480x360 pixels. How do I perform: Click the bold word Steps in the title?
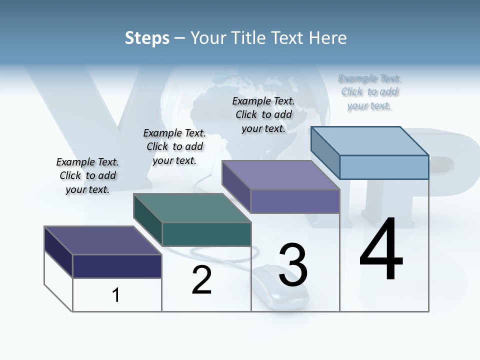click(x=147, y=38)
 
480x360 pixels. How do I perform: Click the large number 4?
click(x=381, y=250)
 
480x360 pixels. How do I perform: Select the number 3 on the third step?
click(x=293, y=265)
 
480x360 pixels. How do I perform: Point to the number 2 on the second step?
click(x=202, y=280)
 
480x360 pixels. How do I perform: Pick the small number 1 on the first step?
click(x=116, y=295)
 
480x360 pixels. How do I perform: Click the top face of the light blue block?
click(x=370, y=140)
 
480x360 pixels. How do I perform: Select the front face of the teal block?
click(x=206, y=234)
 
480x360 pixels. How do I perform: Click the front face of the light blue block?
click(x=384, y=167)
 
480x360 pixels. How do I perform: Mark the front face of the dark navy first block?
click(x=117, y=266)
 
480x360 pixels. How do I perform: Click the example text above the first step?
click(x=87, y=175)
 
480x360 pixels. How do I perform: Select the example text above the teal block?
click(x=174, y=146)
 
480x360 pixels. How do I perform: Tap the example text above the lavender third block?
click(x=263, y=114)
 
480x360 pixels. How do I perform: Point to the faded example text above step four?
click(x=369, y=91)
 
